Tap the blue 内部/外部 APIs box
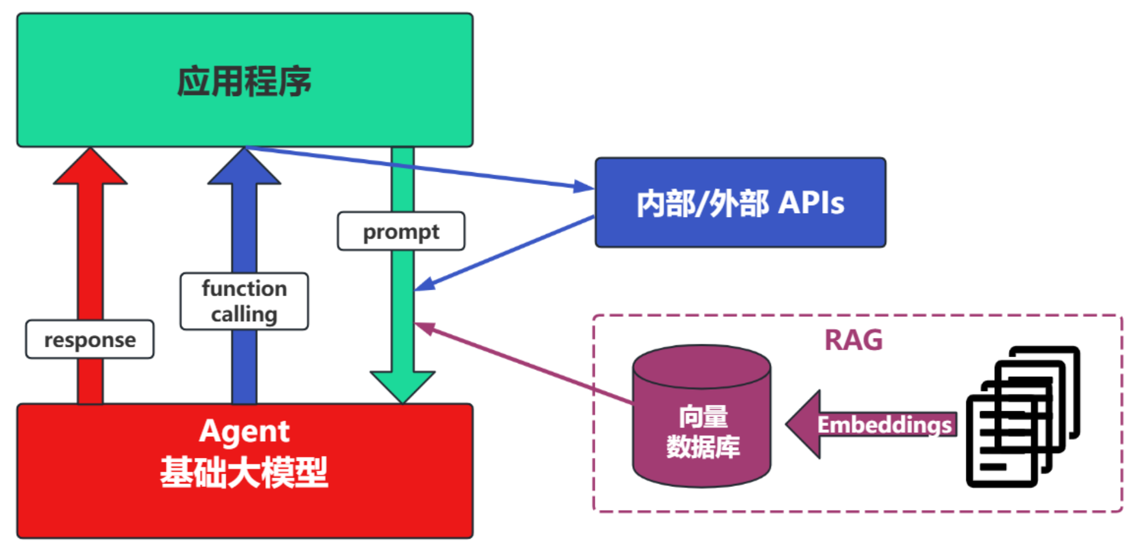coord(740,202)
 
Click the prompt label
coord(401,232)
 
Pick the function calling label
coord(244,301)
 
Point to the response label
coord(90,339)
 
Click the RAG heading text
coord(853,340)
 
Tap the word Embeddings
coord(884,425)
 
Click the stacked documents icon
coord(1022,417)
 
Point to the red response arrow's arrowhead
coord(90,168)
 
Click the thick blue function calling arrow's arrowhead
coord(244,168)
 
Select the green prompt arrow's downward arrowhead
coord(402,386)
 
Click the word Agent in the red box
coord(244,431)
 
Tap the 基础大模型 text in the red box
coord(244,472)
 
